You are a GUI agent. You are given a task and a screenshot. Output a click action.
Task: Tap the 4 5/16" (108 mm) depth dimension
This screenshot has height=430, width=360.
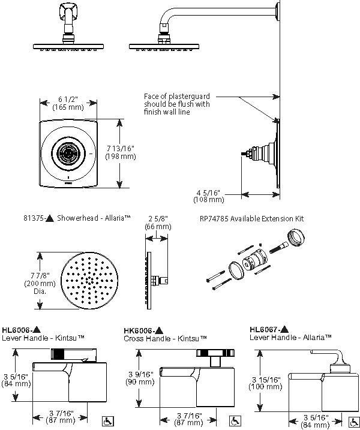[x=208, y=195]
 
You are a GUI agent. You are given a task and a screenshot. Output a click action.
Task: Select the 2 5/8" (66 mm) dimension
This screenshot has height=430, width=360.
[x=158, y=222]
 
